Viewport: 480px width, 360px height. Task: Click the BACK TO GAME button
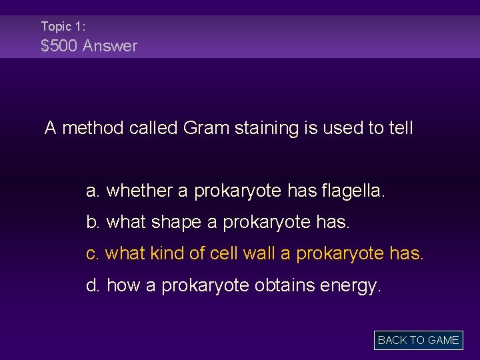[x=418, y=340]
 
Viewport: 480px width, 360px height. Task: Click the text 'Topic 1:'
[x=63, y=26]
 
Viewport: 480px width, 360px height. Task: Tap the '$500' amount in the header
[x=59, y=46]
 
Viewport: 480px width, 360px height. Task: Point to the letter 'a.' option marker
[x=93, y=191]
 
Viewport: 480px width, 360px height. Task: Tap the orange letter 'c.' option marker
[x=93, y=254]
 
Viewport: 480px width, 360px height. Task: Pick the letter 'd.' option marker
[x=93, y=286]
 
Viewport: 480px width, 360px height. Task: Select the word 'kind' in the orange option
[x=166, y=254]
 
